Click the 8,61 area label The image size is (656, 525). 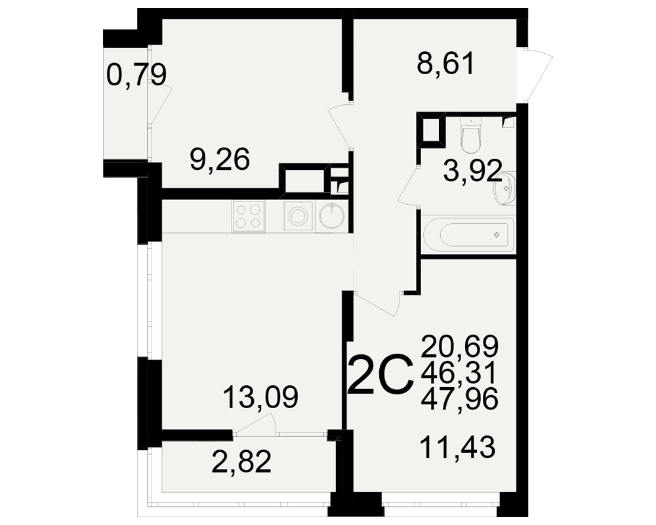446,65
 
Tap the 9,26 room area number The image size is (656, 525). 220,159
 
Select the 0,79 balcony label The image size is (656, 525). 136,75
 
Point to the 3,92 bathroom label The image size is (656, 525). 472,171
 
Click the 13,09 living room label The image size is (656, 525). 260,397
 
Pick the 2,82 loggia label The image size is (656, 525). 242,461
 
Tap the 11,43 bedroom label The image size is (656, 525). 458,447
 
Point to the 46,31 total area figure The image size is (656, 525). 459,372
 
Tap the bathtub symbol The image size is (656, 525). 468,234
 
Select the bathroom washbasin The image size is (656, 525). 504,189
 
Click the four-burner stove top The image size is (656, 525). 249,217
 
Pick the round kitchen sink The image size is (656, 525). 332,217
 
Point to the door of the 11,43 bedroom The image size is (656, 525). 379,304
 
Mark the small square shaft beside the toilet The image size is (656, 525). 431,130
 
